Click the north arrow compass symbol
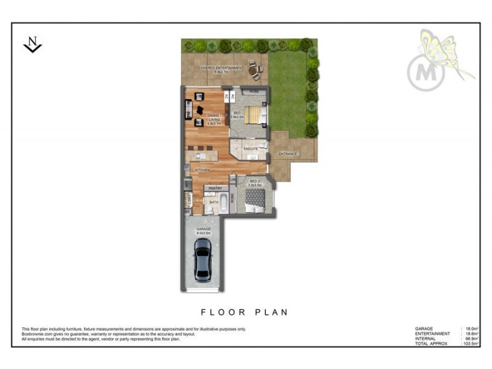coord(33,44)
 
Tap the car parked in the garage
coord(202,259)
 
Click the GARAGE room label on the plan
coord(204,229)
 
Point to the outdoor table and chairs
coord(255,71)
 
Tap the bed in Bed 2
coord(255,199)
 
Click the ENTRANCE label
coord(288,153)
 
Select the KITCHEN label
coord(203,169)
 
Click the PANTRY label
coord(215,188)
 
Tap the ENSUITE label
coord(250,149)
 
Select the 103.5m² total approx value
coord(471,343)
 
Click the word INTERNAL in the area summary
coord(426,338)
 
